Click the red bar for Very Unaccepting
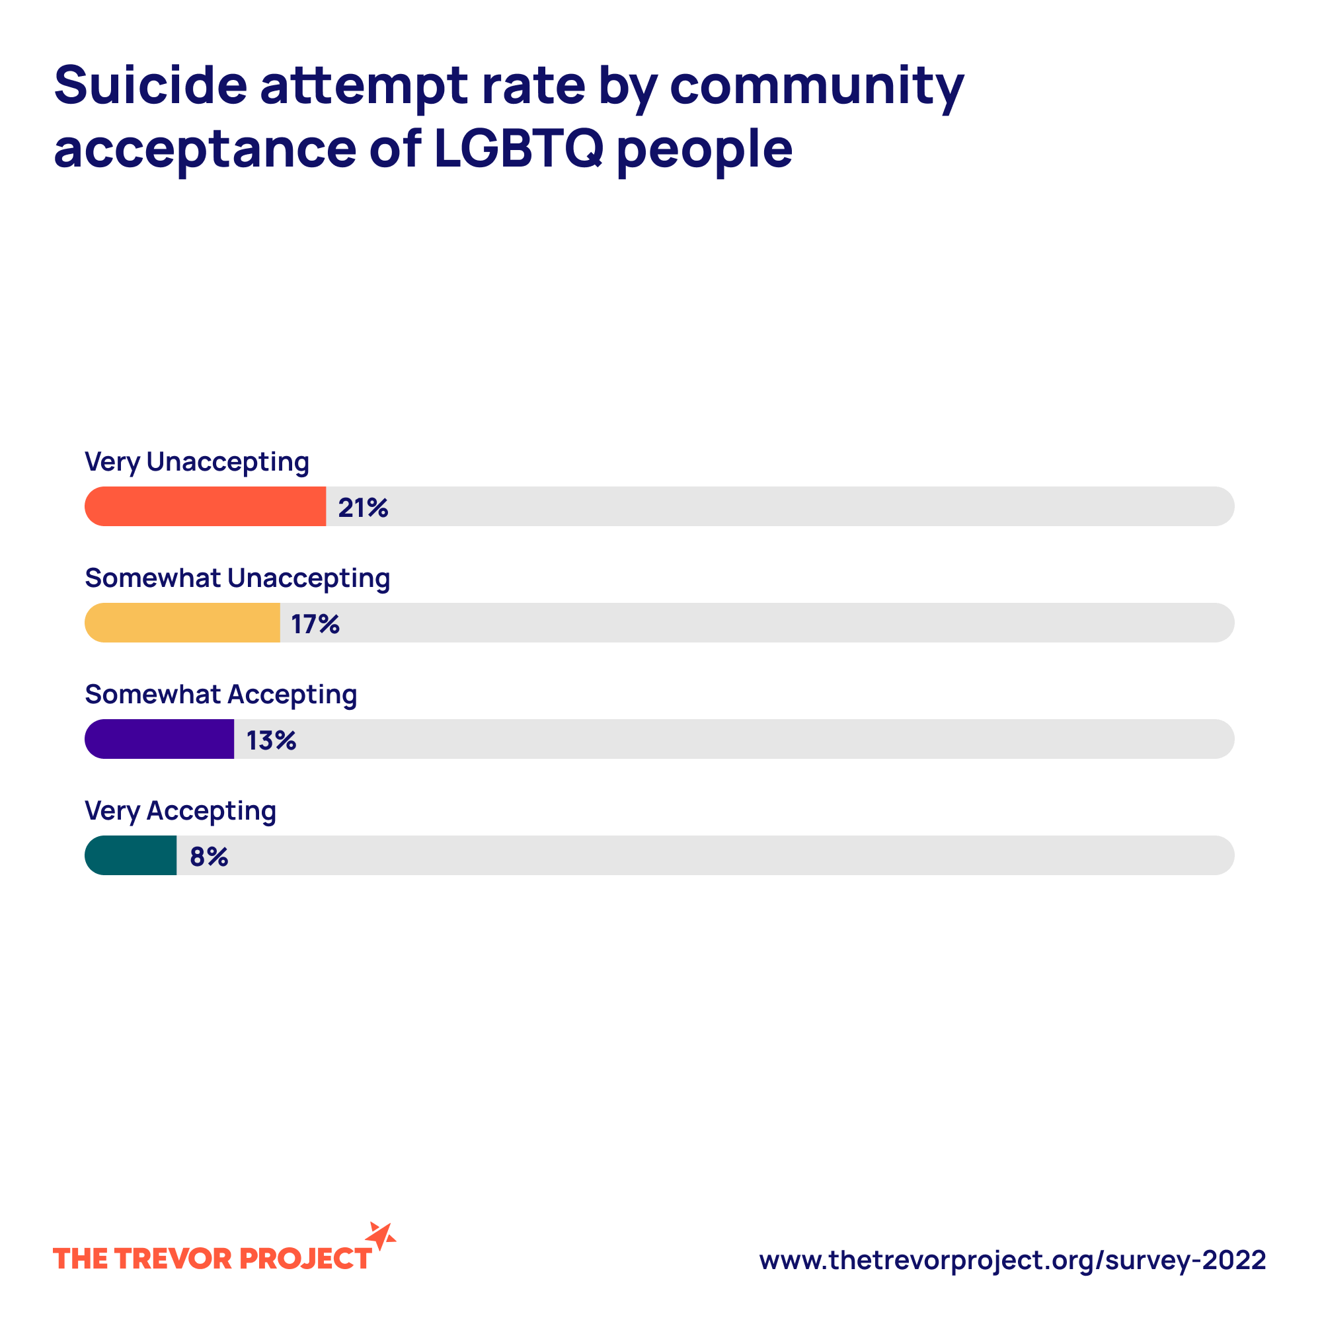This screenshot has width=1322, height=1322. [206, 506]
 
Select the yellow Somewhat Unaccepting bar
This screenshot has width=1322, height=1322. [182, 623]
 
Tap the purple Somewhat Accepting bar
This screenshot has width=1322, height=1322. [159, 739]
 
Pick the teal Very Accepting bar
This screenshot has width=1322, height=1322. [131, 855]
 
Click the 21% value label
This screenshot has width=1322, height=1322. [363, 508]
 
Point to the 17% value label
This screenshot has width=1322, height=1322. [315, 624]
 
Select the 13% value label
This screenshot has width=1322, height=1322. [271, 740]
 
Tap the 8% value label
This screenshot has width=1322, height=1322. [209, 857]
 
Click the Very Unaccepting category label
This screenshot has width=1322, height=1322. [197, 463]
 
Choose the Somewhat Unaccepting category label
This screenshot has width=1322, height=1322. [237, 579]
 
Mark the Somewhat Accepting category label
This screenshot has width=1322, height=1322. [221, 695]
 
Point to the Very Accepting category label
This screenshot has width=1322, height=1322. [180, 812]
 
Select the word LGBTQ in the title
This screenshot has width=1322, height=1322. [518, 149]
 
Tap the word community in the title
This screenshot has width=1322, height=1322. [816, 87]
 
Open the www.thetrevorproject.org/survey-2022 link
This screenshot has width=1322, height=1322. [1012, 1260]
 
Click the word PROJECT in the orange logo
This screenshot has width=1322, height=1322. [305, 1259]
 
